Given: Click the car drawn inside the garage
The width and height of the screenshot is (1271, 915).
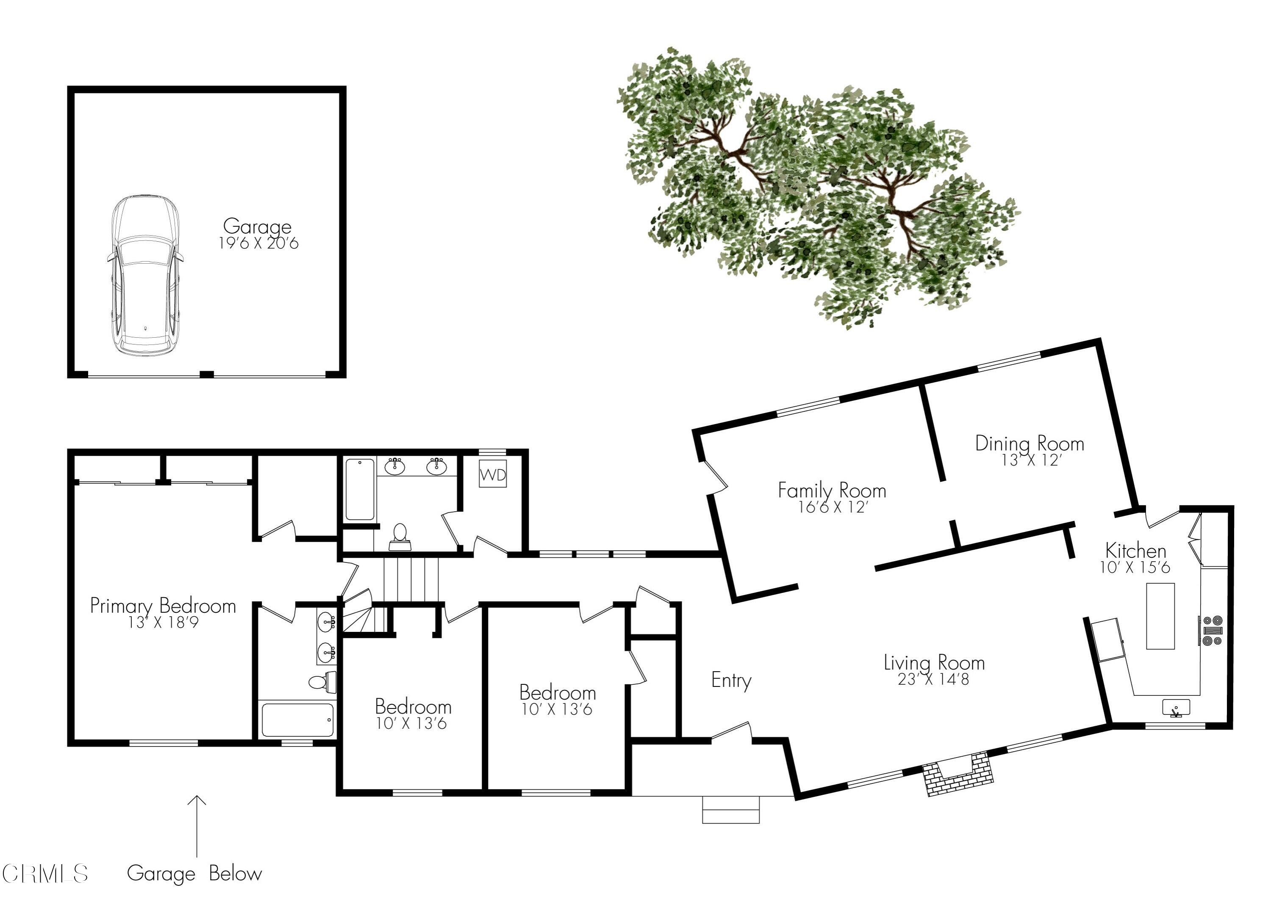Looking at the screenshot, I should click(145, 276).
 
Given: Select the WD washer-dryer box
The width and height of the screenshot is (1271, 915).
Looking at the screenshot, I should click(493, 475).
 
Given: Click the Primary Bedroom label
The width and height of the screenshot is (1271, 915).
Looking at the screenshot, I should click(163, 606).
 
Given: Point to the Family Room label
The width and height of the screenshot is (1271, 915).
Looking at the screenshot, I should click(832, 491).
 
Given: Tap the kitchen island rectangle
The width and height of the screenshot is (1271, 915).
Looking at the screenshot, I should click(1160, 616).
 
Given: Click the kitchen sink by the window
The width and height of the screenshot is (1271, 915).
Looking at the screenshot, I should click(1176, 708).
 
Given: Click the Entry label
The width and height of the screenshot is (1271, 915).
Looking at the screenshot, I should click(731, 681).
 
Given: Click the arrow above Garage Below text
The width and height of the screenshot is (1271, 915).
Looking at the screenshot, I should click(196, 826).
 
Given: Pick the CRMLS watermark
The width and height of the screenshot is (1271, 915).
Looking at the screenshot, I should click(45, 874).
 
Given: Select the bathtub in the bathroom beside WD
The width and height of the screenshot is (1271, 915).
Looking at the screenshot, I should click(359, 489).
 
